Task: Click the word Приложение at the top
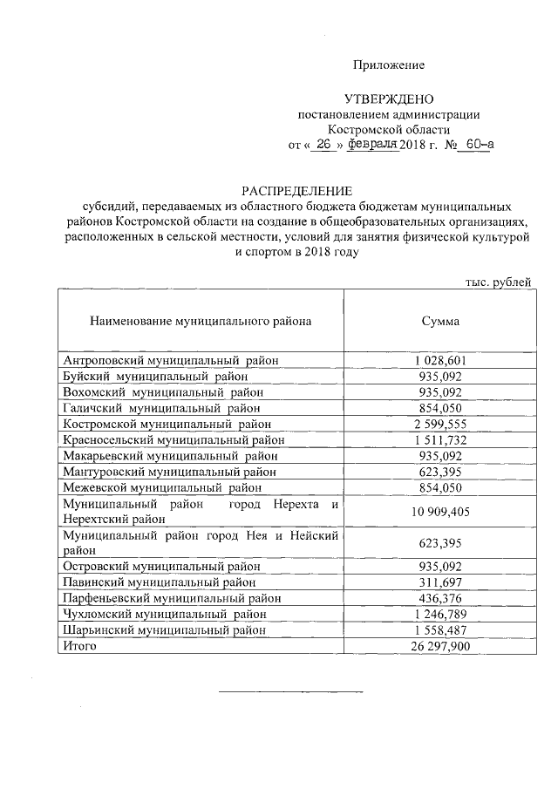coord(388,65)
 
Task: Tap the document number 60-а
coord(479,146)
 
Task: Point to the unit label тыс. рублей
coord(498,281)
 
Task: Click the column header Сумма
coord(440,322)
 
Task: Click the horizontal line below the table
coord(289,691)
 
